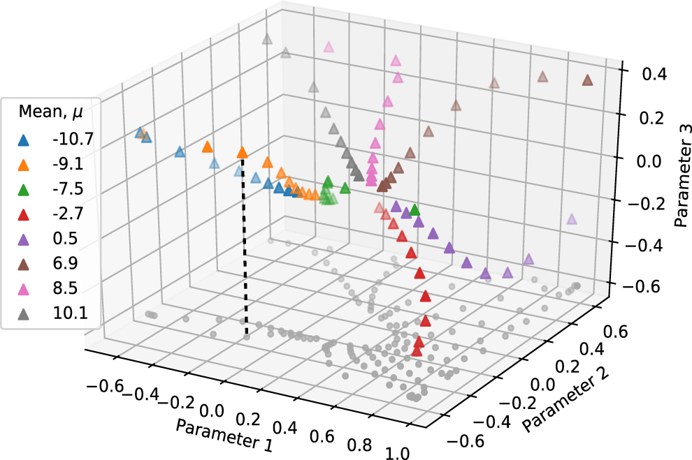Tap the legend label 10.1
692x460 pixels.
71,313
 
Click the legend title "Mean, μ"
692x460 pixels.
50,112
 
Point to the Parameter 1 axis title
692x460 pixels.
224,435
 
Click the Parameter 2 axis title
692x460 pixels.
565,399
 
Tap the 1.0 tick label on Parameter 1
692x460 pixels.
398,452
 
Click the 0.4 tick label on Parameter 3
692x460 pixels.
654,74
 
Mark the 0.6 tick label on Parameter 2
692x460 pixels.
615,332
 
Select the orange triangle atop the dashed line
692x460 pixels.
243,152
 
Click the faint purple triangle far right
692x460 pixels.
572,219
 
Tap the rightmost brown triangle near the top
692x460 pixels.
587,80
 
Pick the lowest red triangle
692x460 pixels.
417,351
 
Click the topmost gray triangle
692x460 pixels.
266,39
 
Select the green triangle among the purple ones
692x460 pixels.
415,209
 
